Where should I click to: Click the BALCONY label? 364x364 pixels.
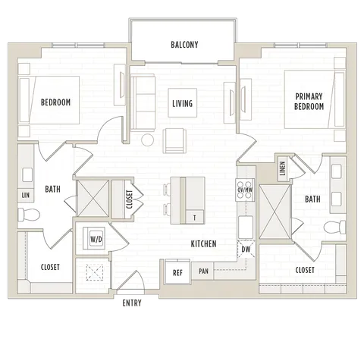[184, 45]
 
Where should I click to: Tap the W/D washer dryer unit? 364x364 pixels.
[94, 238]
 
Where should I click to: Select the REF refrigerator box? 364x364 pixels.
[177, 272]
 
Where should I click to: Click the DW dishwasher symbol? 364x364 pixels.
[246, 249]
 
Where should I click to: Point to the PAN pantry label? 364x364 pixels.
[203, 271]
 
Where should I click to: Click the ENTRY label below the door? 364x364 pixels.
[132, 303]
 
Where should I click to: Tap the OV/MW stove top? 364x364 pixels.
[245, 190]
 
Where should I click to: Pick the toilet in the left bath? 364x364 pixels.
[29, 215]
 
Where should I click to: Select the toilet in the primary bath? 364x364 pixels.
[334, 227]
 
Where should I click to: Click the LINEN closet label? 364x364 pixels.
[283, 168]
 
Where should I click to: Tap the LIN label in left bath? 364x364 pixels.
[26, 195]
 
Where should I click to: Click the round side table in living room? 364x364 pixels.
[147, 140]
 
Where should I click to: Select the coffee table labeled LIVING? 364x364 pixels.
[183, 102]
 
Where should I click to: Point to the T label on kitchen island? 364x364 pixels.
[194, 218]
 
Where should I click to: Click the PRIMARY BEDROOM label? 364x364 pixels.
[309, 102]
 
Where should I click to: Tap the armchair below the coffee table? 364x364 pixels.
[174, 140]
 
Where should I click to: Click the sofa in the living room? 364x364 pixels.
[143, 102]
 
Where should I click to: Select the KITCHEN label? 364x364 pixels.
[203, 244]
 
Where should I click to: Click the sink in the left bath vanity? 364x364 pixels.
[27, 174]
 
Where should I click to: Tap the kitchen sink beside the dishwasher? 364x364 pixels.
[246, 227]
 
